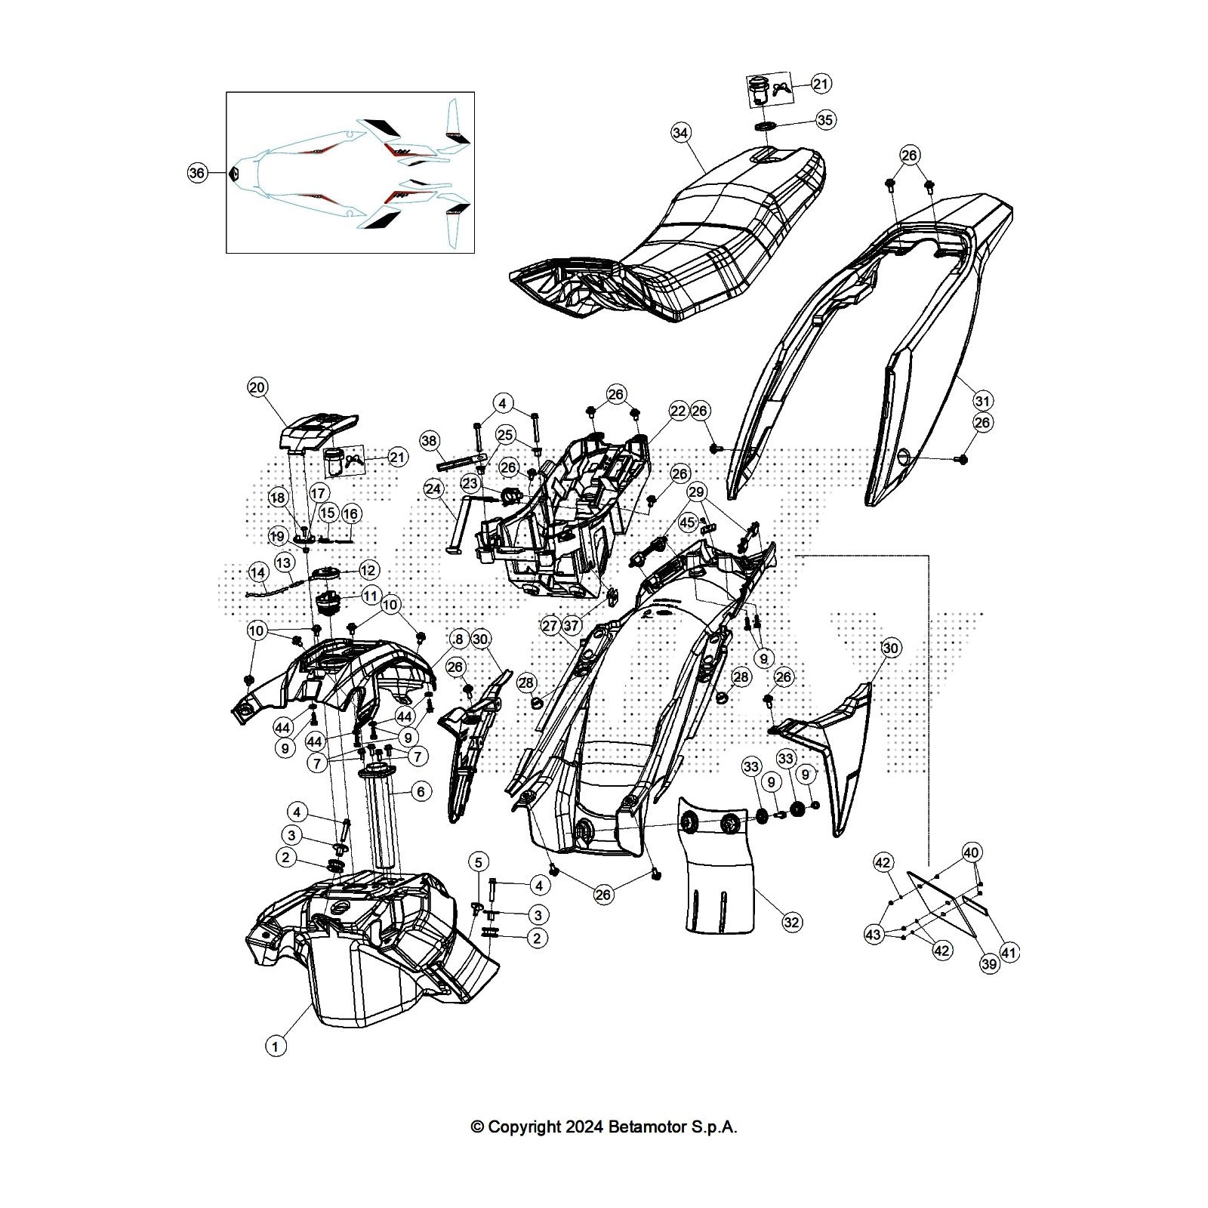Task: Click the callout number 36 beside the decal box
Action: coord(196,173)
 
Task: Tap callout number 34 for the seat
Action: coord(680,133)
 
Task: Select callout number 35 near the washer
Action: coord(825,120)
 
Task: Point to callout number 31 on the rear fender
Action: coord(982,400)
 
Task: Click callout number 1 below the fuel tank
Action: coord(276,1046)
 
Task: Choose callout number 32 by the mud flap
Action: coord(791,922)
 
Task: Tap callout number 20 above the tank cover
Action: coord(257,388)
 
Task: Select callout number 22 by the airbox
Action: coord(677,411)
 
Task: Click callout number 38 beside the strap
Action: coord(429,440)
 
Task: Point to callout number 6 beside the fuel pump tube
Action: coord(421,791)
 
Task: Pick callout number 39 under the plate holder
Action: coord(988,963)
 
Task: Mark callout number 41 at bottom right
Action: coord(1009,954)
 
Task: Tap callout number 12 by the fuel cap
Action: coord(368,570)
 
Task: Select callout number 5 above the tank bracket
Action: coord(477,861)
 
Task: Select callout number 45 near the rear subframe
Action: coord(687,522)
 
